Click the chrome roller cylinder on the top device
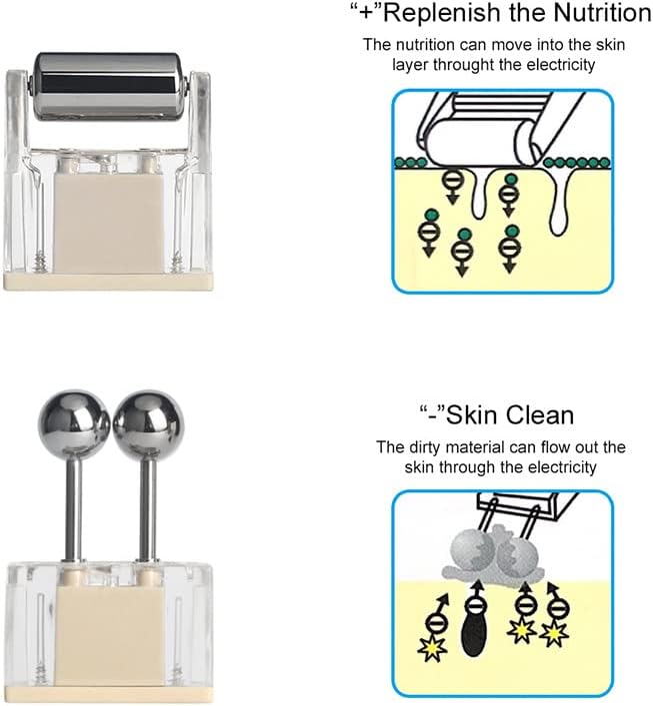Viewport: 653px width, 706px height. point(108,87)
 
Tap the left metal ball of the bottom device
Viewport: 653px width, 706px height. point(74,424)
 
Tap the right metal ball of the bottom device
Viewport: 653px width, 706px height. point(149,424)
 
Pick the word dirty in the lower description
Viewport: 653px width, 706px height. point(425,448)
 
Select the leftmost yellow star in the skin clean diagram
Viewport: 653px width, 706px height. point(432,649)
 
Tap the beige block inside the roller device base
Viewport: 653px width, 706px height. point(108,222)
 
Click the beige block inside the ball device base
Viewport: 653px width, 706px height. point(110,635)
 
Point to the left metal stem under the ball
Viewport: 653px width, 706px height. point(74,509)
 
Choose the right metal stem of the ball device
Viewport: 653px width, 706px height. point(148,509)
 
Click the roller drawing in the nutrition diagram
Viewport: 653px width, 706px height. point(485,142)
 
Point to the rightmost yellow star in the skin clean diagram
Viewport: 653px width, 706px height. point(554,633)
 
